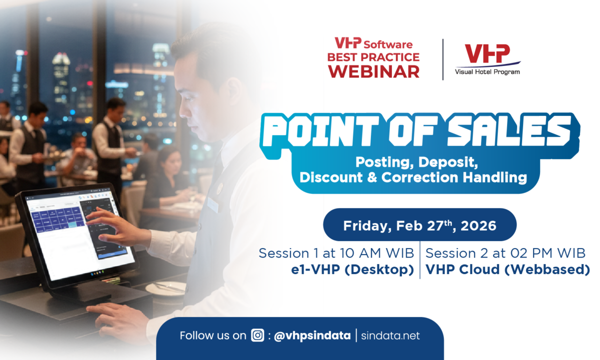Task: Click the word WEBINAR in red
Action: click(373, 71)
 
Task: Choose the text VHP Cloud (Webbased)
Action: click(507, 270)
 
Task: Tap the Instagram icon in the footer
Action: click(257, 335)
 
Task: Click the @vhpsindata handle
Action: click(312, 335)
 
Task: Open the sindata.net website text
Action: click(391, 335)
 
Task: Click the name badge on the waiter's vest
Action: click(212, 204)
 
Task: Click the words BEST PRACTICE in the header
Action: click(373, 57)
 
